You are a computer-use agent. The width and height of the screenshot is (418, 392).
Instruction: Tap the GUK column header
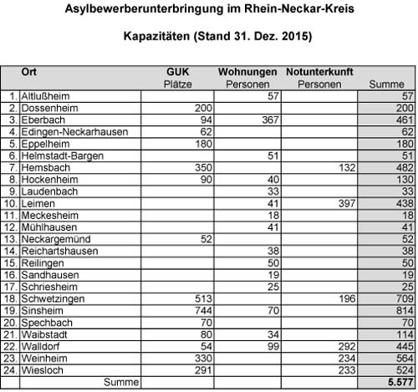(x=180, y=73)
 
